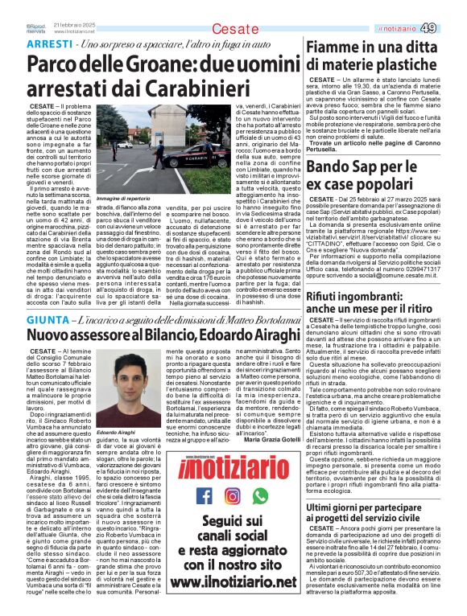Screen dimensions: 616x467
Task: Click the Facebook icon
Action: [x=205, y=495]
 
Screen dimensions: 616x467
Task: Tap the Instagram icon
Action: [x=232, y=495]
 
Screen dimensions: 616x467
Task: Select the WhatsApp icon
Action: [x=259, y=495]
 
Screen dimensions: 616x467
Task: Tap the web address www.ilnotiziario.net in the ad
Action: [x=232, y=580]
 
